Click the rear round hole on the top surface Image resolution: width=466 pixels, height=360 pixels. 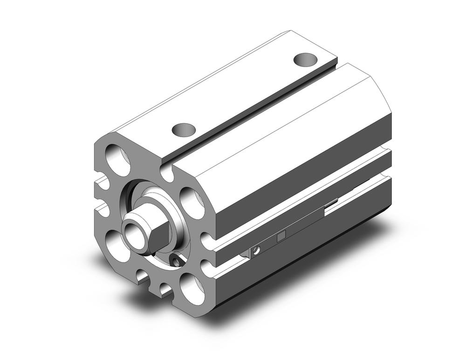click(305, 60)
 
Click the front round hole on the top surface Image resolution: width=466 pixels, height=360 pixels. click(183, 129)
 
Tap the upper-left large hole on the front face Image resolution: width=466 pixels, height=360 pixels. click(118, 160)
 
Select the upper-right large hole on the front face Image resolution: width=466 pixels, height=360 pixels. click(192, 202)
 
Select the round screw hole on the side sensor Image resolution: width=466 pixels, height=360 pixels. click(254, 252)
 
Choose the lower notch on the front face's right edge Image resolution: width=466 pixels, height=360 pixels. click(207, 268)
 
